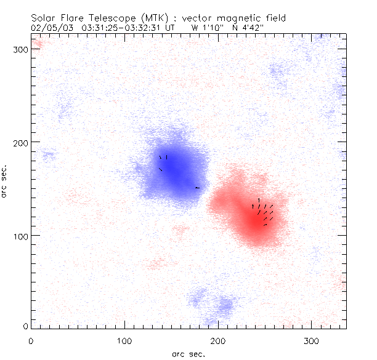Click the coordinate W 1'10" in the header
point(205,27)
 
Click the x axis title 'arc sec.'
point(188,353)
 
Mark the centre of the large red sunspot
point(253,214)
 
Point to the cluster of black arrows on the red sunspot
point(264,211)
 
